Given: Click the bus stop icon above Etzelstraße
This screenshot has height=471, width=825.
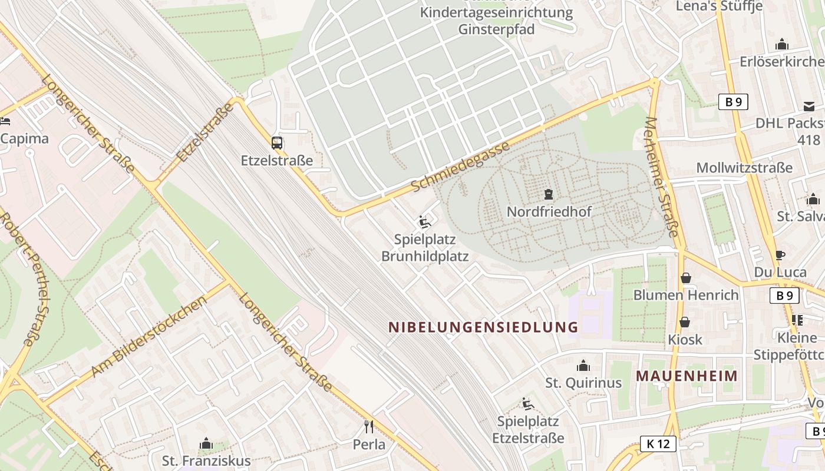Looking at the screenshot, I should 277,142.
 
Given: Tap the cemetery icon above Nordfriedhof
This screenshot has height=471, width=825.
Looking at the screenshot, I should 549,194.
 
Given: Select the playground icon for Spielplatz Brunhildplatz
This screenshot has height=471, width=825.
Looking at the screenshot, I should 424,222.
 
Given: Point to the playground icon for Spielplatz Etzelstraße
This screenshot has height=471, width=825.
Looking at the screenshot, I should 527,404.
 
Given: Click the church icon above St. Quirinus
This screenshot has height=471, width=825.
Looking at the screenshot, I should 583,366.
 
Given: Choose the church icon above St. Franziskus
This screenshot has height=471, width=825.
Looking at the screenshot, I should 206,443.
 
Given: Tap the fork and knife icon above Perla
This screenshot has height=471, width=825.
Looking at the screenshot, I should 369,426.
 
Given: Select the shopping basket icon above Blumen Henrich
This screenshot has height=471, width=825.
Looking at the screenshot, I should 685,277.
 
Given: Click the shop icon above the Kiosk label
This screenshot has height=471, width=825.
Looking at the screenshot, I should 685,322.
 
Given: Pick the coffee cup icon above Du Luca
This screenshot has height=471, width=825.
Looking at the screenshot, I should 780,255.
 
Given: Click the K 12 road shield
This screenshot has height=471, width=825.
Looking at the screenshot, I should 658,444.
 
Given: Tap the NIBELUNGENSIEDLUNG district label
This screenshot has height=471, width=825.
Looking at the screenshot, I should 483,327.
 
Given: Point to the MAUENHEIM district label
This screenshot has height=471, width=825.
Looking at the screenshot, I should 687,376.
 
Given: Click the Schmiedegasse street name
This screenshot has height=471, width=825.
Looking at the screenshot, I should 460,167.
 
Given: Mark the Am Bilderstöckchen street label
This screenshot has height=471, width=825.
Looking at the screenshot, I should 150,336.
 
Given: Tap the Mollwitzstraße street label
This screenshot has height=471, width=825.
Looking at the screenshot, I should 744,168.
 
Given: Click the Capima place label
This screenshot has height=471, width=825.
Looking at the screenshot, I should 24,139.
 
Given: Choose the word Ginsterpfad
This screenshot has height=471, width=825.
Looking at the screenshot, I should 496,29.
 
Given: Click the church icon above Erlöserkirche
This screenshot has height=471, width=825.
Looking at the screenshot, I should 782,44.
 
